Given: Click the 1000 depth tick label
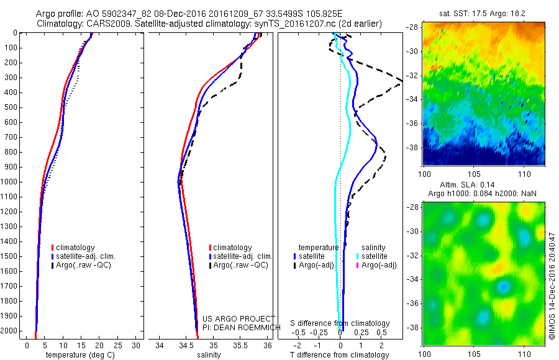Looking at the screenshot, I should [x=11, y=182].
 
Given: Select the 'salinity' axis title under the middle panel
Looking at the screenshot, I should [x=208, y=355].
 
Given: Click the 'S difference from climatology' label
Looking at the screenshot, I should [x=340, y=323].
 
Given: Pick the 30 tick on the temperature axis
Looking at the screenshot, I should [x=136, y=345].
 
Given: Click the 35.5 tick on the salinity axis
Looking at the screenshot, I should [x=240, y=345].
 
